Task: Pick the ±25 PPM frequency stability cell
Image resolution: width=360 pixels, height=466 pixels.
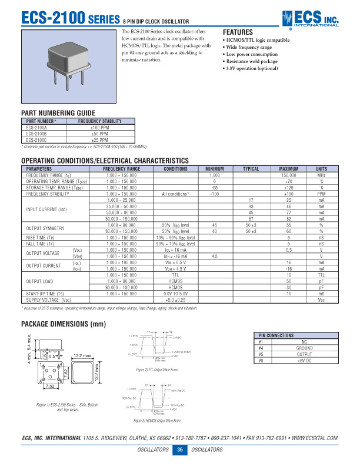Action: pyautogui.click(x=99, y=141)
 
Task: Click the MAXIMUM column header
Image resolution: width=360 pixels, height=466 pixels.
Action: pyautogui.click(x=288, y=169)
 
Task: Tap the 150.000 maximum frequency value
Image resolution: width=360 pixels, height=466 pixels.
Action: pyautogui.click(x=288, y=175)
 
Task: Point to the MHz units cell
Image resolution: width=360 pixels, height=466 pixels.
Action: pyautogui.click(x=321, y=175)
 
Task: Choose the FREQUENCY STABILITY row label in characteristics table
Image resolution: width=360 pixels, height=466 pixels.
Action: pyautogui.click(x=48, y=193)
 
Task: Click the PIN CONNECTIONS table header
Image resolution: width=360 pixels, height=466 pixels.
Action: pyautogui.click(x=277, y=335)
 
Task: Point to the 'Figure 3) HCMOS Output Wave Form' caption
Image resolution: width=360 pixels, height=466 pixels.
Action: pyautogui.click(x=156, y=421)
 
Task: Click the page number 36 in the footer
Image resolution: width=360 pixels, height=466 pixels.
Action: pyautogui.click(x=179, y=450)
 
